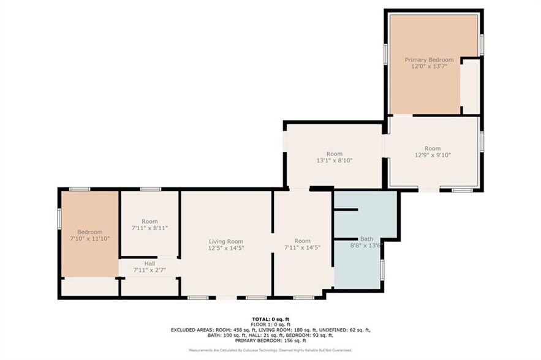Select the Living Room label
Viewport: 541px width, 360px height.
(x=226, y=241)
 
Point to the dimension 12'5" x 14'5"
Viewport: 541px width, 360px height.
(x=226, y=248)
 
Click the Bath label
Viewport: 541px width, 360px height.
(x=366, y=239)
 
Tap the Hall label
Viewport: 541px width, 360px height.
(x=149, y=263)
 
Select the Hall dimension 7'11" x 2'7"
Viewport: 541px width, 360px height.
(x=149, y=270)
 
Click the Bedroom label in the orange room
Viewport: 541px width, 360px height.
(x=89, y=232)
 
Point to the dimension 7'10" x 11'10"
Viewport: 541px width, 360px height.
(x=89, y=239)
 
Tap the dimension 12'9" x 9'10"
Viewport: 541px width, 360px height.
(x=433, y=155)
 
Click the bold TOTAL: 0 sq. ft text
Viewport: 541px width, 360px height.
(x=270, y=319)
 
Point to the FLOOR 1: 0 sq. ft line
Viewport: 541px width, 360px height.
(x=270, y=324)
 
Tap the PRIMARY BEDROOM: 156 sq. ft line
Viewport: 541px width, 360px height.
(x=270, y=340)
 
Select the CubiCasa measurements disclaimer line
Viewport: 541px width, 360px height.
(x=270, y=350)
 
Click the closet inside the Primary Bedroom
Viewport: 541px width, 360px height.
(x=470, y=86)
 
